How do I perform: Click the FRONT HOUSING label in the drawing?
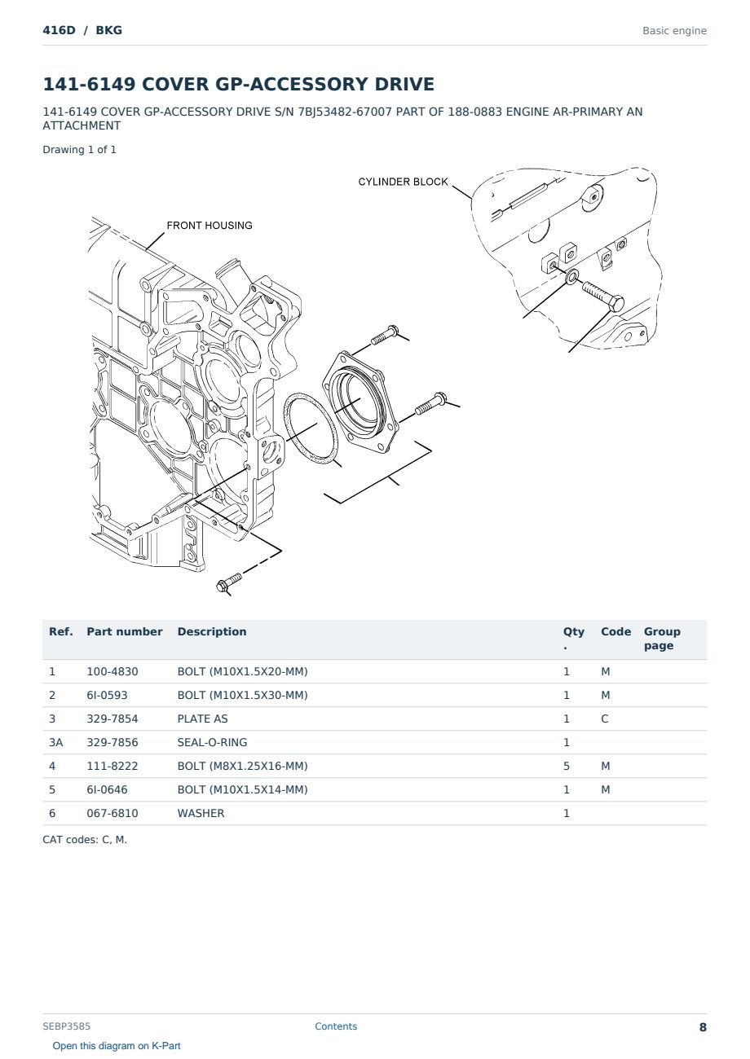click(210, 226)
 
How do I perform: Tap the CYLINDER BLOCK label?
click(403, 182)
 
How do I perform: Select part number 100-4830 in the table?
click(112, 672)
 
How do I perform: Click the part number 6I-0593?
click(107, 696)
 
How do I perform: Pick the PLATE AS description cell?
click(202, 719)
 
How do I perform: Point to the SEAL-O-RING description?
click(212, 743)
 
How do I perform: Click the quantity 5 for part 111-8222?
click(567, 767)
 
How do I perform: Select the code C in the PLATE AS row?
click(605, 719)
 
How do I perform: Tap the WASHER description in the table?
click(201, 814)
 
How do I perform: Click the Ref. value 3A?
click(55, 743)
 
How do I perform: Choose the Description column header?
click(212, 631)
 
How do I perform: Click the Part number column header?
click(125, 631)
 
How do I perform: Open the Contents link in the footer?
click(336, 1026)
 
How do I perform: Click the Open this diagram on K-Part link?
click(117, 1046)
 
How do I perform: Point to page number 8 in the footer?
click(703, 1027)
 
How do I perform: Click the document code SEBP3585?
click(66, 1026)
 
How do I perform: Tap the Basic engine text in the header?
click(674, 31)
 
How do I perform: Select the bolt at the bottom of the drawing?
click(229, 582)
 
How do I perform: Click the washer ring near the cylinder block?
click(572, 276)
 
